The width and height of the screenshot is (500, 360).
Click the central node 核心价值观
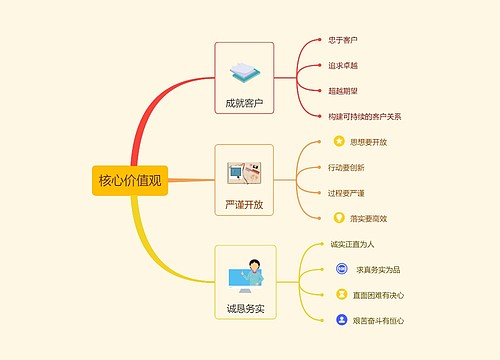[129, 180]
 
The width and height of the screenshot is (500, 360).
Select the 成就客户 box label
[244, 103]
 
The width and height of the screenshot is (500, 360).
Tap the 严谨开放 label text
[244, 205]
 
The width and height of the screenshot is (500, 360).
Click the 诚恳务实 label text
[245, 308]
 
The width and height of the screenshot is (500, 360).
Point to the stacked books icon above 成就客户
[244, 71]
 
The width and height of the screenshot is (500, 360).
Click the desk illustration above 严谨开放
[244, 173]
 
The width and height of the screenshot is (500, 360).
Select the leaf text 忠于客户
[343, 40]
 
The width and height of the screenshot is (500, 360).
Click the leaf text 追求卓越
[343, 65]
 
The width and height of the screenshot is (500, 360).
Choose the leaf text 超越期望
[343, 90]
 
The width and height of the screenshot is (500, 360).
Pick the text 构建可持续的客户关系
[365, 116]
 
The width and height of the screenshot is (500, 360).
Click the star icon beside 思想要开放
[338, 142]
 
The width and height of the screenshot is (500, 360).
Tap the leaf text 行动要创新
[347, 167]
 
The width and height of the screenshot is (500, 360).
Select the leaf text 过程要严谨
[347, 192]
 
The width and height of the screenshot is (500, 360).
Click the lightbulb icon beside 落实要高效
[338, 218]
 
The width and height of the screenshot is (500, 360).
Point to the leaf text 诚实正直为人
[352, 243]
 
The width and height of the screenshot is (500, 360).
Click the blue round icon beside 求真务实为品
[342, 269]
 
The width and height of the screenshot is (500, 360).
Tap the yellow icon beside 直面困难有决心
[342, 295]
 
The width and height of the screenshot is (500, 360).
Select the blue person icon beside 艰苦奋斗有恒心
[342, 321]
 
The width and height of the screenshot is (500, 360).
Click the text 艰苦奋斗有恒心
[379, 321]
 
